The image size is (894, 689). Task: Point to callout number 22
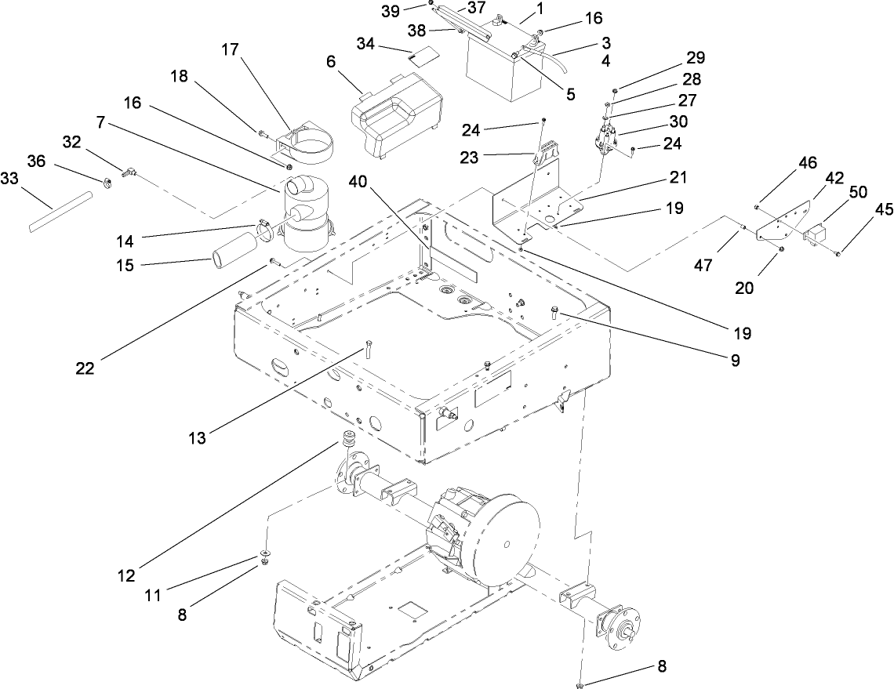[x=85, y=368]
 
